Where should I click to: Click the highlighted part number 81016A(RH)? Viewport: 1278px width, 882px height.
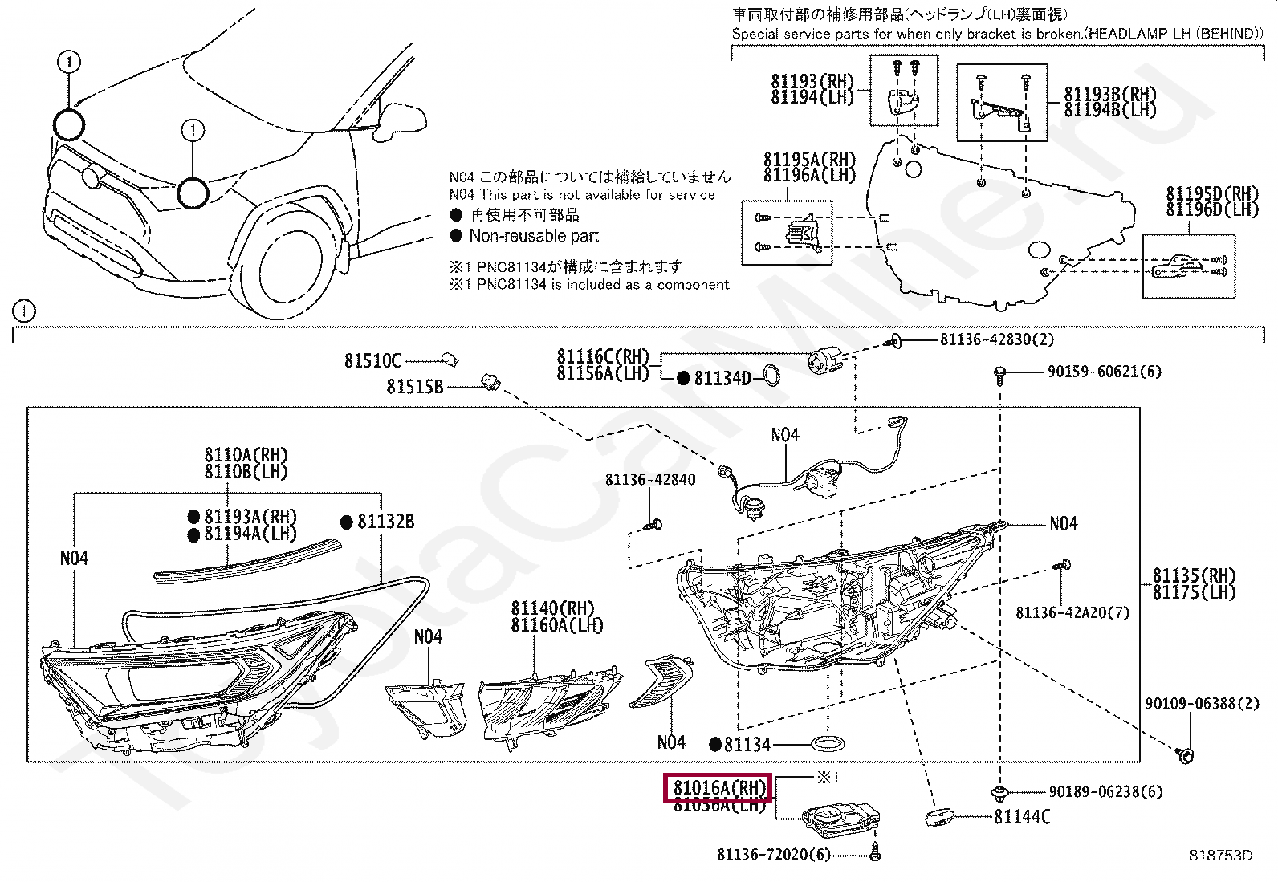716,788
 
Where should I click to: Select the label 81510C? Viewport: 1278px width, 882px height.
372,362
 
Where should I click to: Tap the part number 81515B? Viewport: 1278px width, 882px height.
414,387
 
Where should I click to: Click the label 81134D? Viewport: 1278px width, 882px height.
722,378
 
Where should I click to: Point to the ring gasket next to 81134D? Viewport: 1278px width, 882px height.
771,376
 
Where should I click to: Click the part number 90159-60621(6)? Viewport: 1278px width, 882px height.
1103,372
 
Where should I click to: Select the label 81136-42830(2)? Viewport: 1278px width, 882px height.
997,339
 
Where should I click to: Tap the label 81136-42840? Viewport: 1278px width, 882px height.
650,480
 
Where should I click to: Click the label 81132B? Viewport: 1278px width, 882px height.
385,522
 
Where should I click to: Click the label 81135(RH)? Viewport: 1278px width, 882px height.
1194,575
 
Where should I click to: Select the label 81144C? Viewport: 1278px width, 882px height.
1021,817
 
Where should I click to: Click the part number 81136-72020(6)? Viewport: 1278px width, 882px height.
773,854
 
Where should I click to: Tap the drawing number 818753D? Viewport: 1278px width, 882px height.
1221,856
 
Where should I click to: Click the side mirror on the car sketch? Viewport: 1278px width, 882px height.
401,117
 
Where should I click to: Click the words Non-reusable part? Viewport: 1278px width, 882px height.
534,236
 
